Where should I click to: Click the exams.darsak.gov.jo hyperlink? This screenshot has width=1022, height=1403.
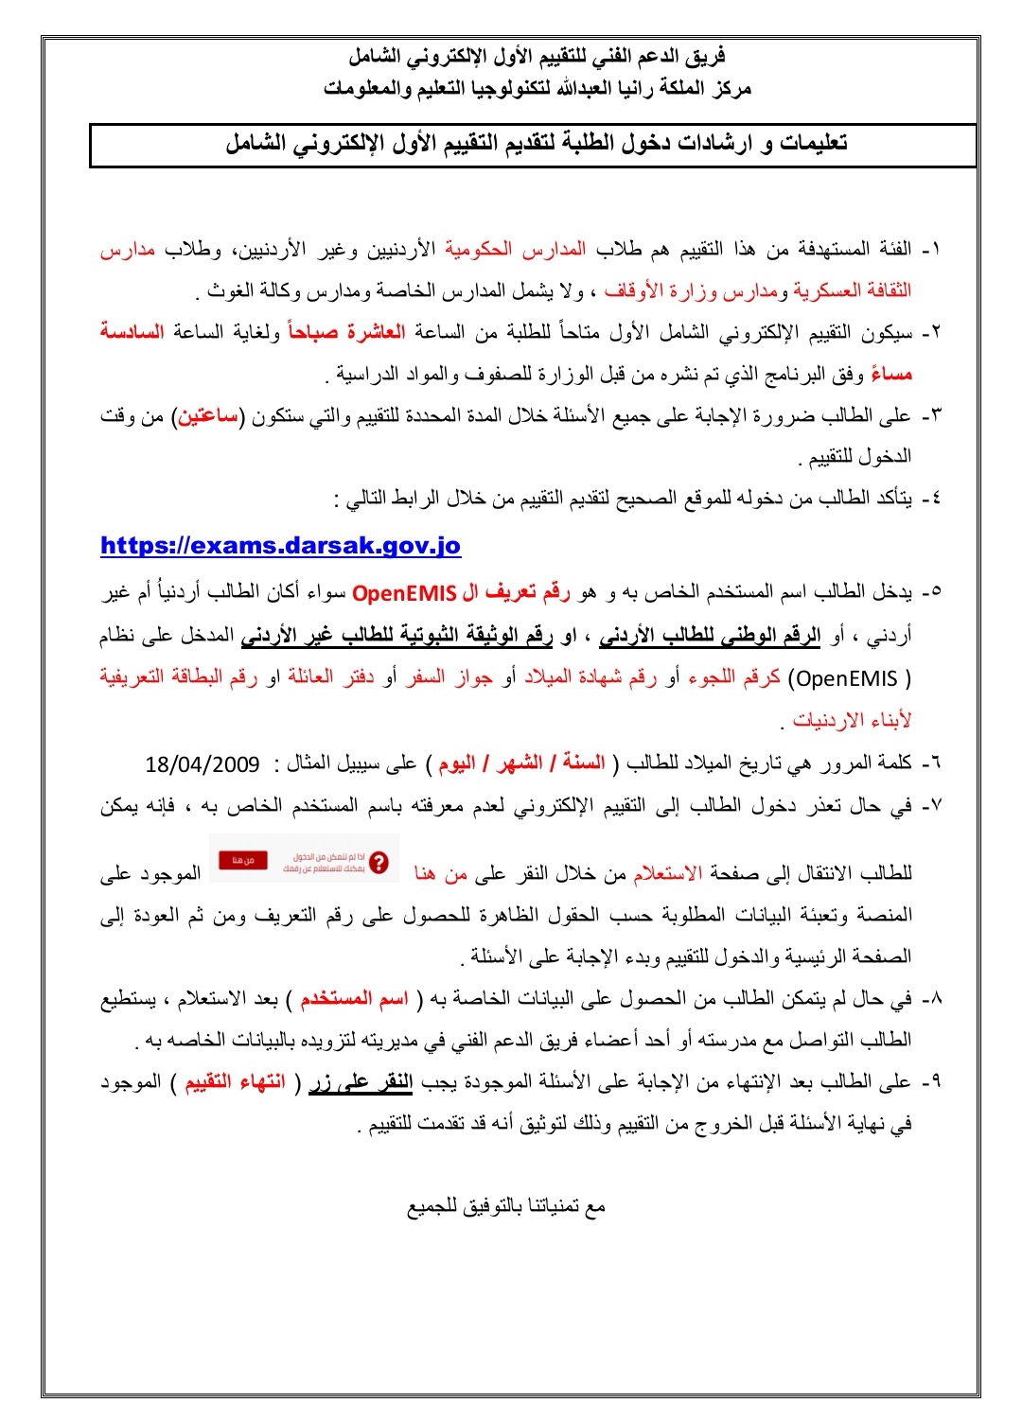(280, 546)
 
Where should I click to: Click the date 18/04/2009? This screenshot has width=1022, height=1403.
(203, 763)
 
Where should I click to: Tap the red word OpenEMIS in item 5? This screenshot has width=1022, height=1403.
(403, 593)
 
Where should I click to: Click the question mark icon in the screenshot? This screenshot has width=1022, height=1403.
(379, 862)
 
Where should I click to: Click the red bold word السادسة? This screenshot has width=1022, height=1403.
(132, 332)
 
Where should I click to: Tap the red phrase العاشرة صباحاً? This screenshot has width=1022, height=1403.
(346, 332)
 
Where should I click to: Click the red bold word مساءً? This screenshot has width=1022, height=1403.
(890, 375)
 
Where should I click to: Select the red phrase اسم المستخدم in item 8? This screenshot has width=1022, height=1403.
(354, 999)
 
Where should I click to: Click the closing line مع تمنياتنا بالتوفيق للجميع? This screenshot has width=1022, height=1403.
(506, 1206)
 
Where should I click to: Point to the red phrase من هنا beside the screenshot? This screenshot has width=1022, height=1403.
(441, 873)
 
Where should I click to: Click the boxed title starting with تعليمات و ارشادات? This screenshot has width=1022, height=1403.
(535, 145)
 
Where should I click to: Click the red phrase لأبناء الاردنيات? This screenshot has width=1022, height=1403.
(852, 720)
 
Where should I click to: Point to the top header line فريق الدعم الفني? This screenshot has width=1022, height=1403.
(537, 58)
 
